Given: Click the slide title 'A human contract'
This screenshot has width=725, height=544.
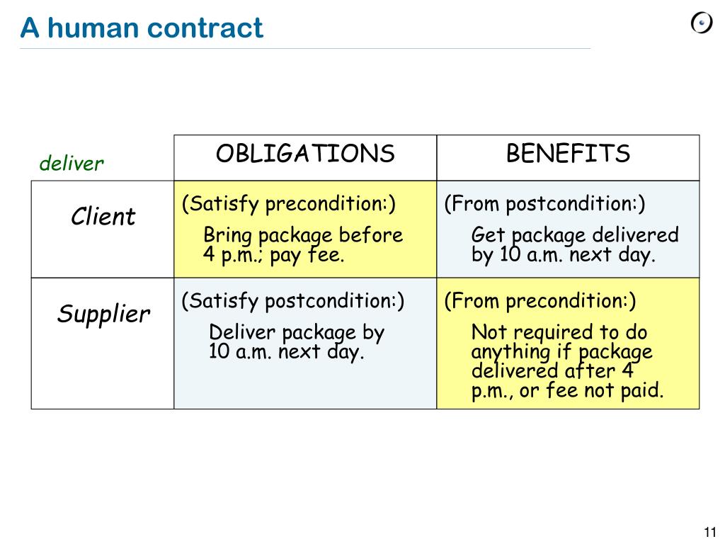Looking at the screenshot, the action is click(142, 28).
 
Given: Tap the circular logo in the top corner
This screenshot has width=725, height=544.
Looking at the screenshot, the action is click(701, 23).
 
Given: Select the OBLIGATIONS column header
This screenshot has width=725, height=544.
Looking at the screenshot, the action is click(305, 154).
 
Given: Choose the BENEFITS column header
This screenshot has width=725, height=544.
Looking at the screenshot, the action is click(568, 154).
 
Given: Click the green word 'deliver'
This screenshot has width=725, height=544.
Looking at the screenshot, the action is click(72, 164).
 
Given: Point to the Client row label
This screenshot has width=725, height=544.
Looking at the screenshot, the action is click(103, 217).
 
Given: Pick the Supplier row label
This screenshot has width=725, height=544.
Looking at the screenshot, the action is click(103, 314).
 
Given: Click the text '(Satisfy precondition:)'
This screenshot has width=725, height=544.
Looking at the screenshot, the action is click(289, 204).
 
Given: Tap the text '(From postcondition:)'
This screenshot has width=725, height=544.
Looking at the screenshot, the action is click(545, 204).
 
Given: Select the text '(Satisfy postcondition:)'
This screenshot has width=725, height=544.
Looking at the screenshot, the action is click(293, 301).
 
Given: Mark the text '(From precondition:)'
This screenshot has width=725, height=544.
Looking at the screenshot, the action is click(540, 301).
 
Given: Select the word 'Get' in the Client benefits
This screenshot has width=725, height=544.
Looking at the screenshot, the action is click(489, 235).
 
